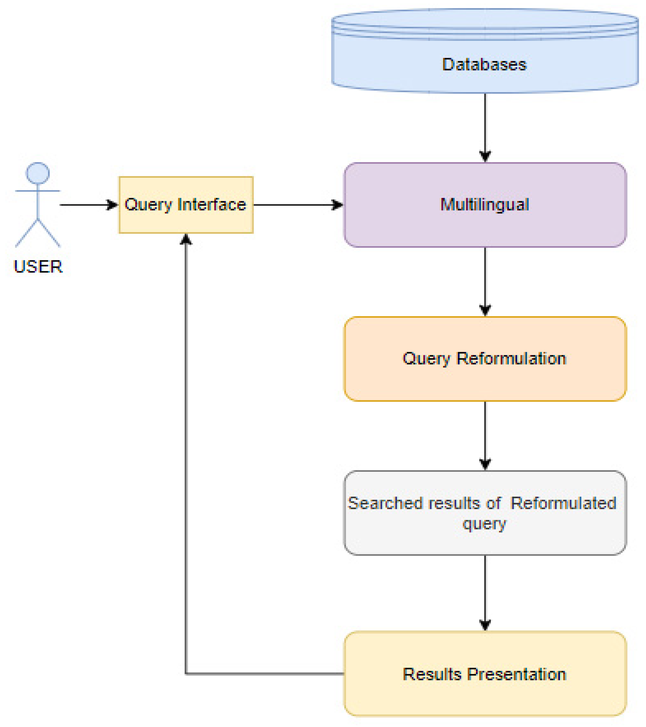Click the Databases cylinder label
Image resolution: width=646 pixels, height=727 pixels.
click(484, 65)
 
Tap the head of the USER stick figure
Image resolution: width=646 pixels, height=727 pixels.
click(38, 173)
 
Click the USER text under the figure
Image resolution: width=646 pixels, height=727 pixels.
click(38, 267)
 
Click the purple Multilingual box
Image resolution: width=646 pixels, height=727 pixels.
click(485, 205)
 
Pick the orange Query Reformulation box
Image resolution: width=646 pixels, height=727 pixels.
click(485, 358)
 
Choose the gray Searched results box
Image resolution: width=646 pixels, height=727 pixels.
click(485, 513)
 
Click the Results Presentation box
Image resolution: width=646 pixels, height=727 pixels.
click(485, 674)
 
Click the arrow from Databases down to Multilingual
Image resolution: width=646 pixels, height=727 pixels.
click(485, 124)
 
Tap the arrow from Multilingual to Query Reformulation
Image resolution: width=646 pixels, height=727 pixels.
click(485, 279)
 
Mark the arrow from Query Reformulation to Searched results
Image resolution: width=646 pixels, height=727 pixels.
click(485, 434)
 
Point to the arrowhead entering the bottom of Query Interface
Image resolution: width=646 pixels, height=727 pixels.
click(186, 240)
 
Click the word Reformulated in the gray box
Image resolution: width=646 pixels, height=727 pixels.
click(563, 503)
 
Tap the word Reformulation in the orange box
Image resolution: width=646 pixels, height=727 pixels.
click(511, 358)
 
